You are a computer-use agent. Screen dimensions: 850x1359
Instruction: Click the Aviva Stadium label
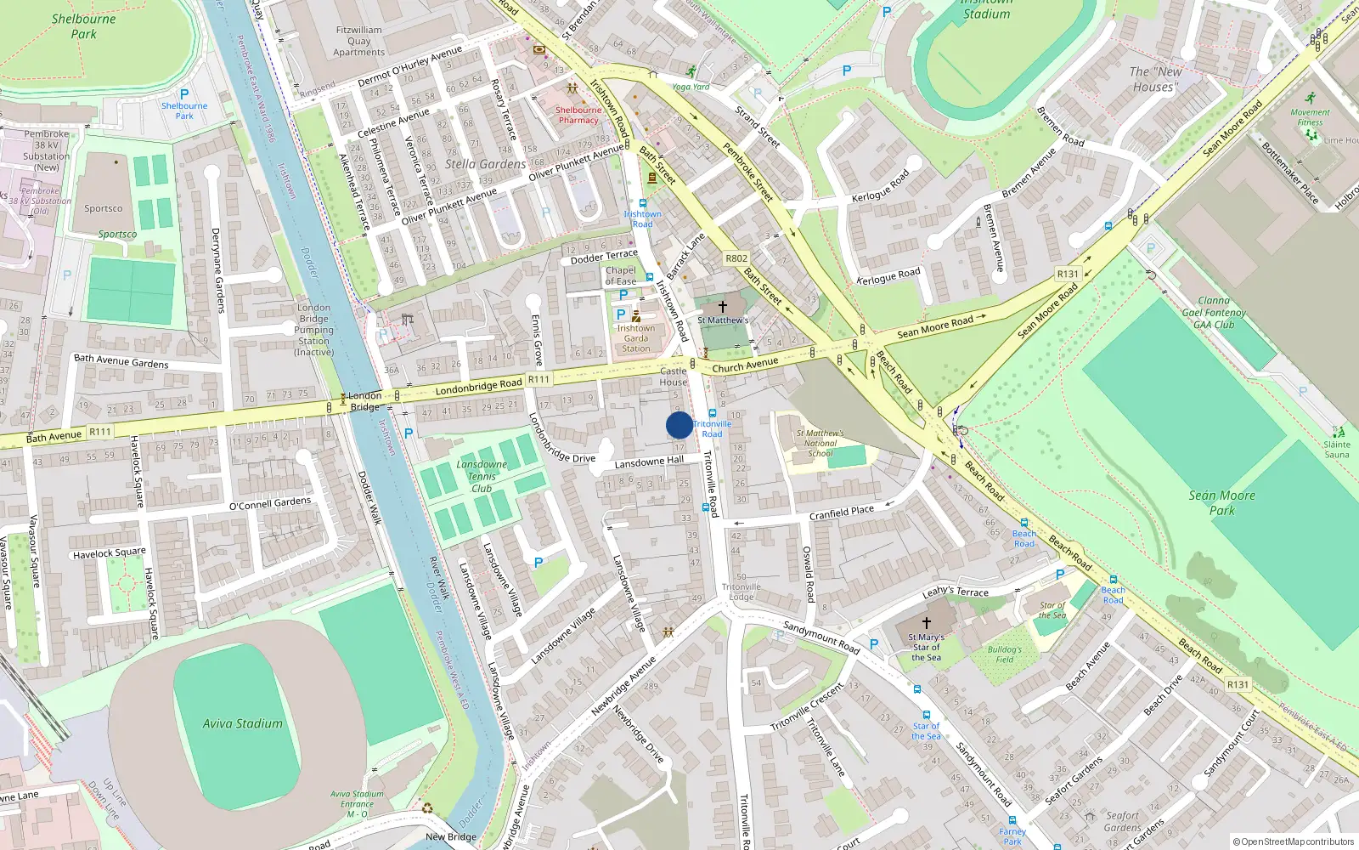242,723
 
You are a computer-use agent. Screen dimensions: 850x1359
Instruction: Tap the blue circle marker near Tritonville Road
679,425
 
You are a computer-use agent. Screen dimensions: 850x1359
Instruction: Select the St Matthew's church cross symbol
723,306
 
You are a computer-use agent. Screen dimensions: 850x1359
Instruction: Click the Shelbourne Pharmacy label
578,115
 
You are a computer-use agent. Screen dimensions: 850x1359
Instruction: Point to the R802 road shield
736,258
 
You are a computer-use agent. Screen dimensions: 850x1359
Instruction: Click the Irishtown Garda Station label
635,338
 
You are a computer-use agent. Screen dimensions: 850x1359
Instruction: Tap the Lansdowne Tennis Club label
482,476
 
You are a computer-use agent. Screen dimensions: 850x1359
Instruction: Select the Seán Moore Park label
1221,502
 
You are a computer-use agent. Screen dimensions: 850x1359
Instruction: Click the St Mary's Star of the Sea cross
926,623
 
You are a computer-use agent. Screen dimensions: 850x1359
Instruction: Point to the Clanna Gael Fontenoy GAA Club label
1214,312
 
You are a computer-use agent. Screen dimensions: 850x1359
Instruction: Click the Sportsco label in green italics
117,235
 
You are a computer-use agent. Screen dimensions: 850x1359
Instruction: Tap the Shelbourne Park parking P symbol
184,94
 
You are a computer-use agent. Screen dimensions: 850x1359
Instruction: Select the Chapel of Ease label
621,275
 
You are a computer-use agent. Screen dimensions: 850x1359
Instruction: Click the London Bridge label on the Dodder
365,400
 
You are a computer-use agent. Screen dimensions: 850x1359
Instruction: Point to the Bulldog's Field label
1005,654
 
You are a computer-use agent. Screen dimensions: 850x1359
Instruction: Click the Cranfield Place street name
841,513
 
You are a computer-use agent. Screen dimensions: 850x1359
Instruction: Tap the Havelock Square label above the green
109,553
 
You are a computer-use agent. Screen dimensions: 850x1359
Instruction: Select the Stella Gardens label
485,164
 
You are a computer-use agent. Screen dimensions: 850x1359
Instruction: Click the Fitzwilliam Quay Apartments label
358,41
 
